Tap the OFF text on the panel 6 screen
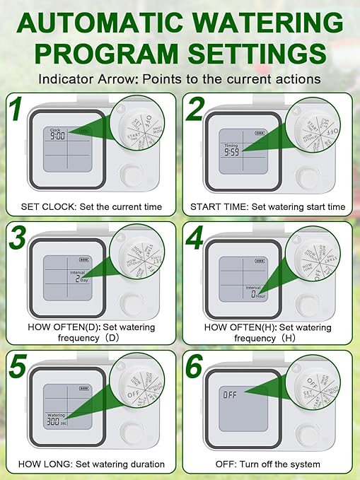231,393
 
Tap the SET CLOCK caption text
50,206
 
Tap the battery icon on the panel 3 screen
84,259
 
